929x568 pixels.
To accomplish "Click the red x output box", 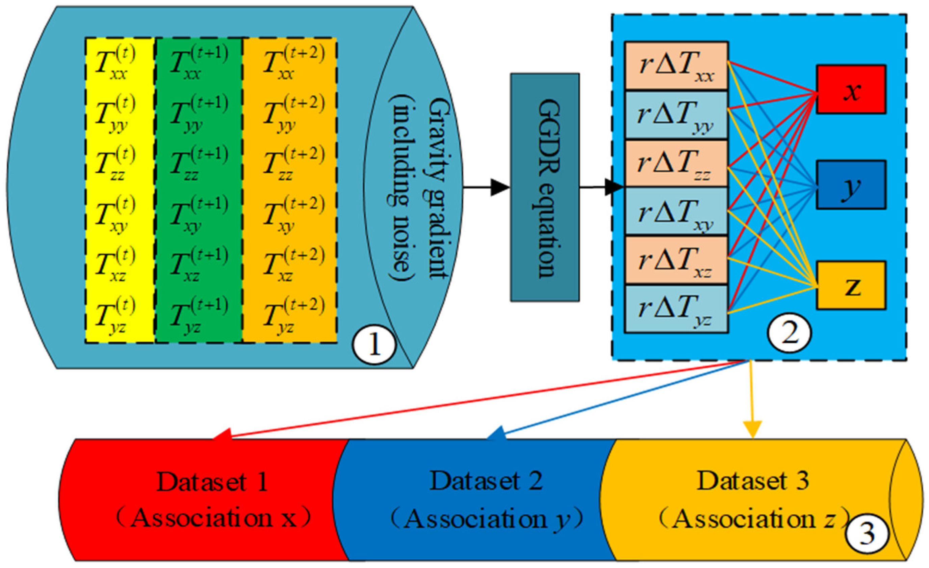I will pos(851,89).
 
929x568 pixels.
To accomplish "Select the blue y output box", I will pos(851,185).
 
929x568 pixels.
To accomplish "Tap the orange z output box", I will pos(851,285).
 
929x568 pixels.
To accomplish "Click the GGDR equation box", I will pos(545,187).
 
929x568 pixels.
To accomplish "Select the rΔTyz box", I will pos(676,309).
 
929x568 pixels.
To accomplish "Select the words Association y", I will pos(486,519).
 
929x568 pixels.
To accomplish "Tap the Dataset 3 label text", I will pos(752,481).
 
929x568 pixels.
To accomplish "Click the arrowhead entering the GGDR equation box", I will pos(499,188).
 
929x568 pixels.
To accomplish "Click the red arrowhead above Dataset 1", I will pos(223,433).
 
